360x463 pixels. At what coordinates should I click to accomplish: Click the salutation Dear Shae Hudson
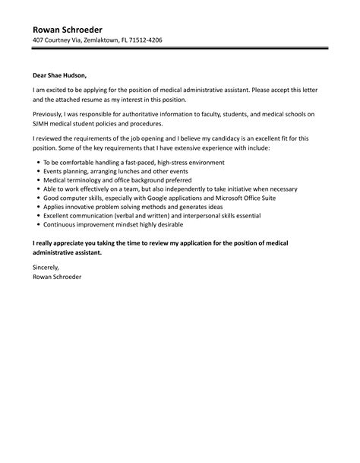(60, 75)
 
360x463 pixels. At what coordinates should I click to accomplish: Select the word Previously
(50, 113)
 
